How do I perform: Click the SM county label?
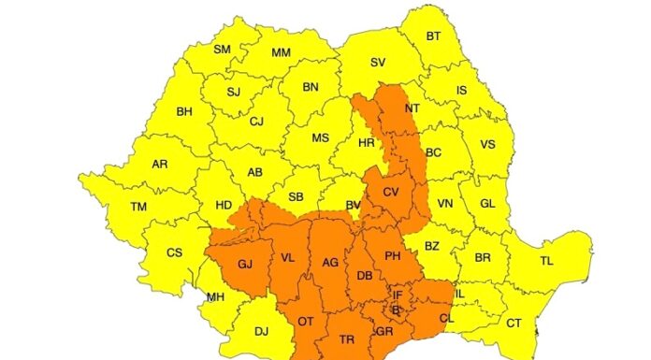click(x=222, y=50)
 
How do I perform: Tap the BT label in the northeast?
click(x=434, y=36)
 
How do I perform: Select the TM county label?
click(x=138, y=207)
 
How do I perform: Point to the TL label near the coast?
click(x=546, y=261)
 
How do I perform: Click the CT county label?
click(x=514, y=323)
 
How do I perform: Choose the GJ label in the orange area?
click(x=245, y=265)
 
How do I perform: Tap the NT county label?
click(x=412, y=108)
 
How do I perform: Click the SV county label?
click(x=378, y=63)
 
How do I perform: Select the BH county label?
click(x=184, y=112)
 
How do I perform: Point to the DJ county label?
click(x=261, y=330)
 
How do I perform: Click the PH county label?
click(x=393, y=255)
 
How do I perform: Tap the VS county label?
click(x=487, y=145)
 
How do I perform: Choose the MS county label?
click(x=320, y=138)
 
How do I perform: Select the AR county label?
click(x=160, y=164)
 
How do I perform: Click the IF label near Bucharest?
click(x=398, y=295)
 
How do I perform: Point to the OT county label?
click(x=305, y=321)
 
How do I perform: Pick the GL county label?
click(x=487, y=203)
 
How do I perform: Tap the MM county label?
click(x=281, y=53)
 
